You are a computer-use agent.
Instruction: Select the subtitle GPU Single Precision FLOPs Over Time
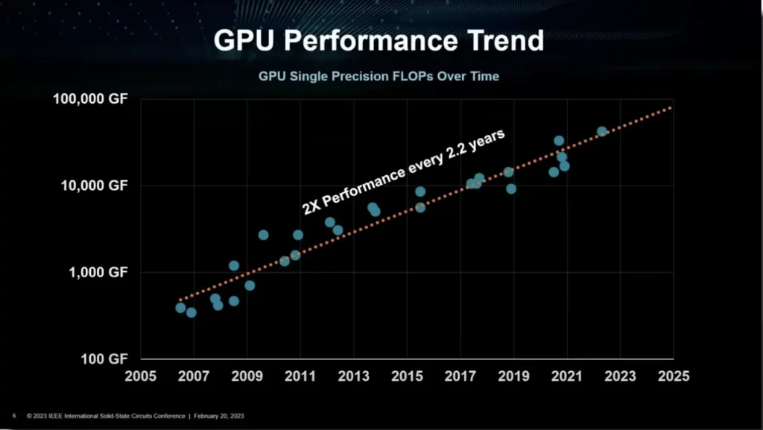point(379,76)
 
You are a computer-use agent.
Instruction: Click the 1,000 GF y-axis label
point(98,272)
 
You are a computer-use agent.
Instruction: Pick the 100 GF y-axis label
point(104,358)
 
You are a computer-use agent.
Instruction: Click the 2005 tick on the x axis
point(141,376)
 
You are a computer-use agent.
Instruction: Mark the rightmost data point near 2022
point(602,132)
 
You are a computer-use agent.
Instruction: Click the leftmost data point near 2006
point(180,308)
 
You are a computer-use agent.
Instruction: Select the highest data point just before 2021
point(559,141)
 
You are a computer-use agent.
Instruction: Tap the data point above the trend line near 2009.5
point(263,235)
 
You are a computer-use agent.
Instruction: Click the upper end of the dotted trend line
point(671,108)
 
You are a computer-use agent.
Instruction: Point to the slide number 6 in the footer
point(14,416)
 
